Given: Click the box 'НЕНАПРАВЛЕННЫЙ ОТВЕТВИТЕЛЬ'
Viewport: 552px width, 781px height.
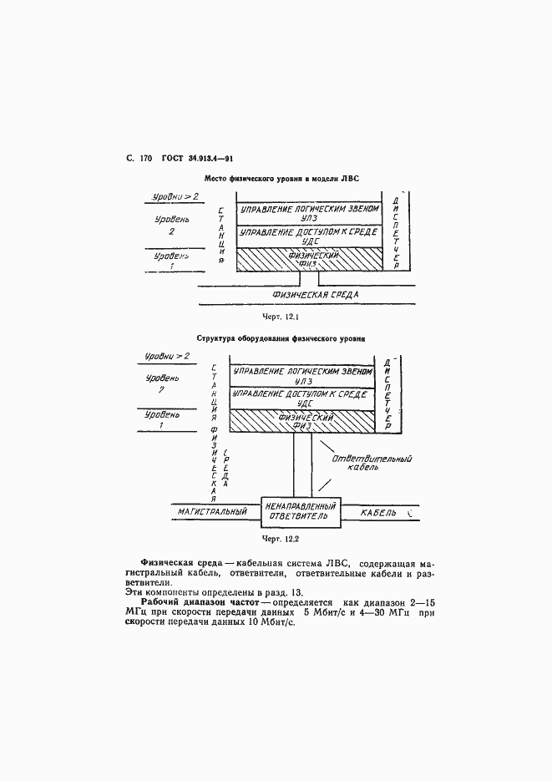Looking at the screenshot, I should click(x=301, y=510).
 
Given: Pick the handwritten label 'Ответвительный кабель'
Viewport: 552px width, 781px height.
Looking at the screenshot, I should click(x=366, y=462).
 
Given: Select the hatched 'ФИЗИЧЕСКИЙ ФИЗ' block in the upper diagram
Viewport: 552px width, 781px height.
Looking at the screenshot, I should click(x=309, y=259).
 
